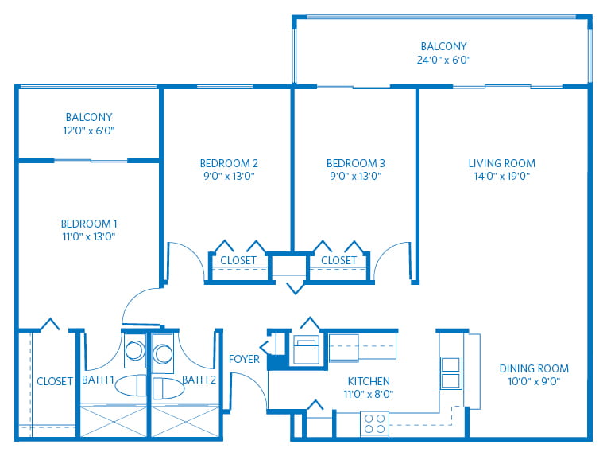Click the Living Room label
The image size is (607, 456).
tap(501, 163)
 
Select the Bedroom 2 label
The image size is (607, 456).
tap(229, 163)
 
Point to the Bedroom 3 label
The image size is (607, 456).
tap(356, 163)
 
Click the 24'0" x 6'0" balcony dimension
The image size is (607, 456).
tap(443, 60)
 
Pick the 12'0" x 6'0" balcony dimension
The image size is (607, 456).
tap(89, 130)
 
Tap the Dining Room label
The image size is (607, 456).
tap(534, 368)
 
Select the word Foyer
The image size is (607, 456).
tap(244, 359)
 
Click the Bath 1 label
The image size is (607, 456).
tap(99, 380)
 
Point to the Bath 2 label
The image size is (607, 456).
tap(199, 380)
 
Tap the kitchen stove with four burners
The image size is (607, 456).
tap(374, 423)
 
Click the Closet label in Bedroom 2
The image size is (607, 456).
tap(238, 260)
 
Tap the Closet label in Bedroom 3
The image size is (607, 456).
tap(338, 260)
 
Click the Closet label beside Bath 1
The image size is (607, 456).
tap(55, 382)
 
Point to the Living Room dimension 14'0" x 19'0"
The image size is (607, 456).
tap(501, 176)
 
